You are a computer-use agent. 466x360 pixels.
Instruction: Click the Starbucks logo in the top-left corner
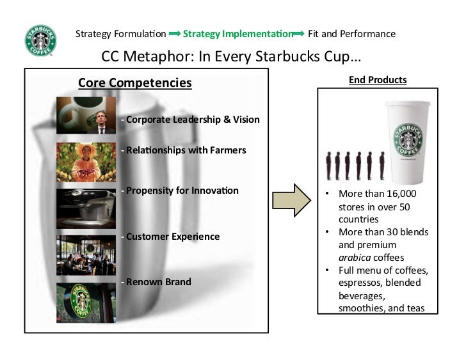(40, 40)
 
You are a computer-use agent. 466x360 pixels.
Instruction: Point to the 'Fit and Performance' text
(351, 33)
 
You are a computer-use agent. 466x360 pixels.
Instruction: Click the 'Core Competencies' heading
(134, 82)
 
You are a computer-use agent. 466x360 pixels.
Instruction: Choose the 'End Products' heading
(378, 80)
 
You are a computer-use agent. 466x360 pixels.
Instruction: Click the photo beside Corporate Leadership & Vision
(86, 115)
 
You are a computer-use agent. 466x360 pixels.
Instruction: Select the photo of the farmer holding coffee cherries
(86, 161)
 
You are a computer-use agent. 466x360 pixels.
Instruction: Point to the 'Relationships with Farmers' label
(186, 151)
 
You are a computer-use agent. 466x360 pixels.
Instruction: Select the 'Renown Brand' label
(158, 281)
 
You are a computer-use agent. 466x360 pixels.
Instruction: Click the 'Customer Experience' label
(172, 237)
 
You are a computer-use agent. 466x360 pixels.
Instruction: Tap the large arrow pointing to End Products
(291, 200)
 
